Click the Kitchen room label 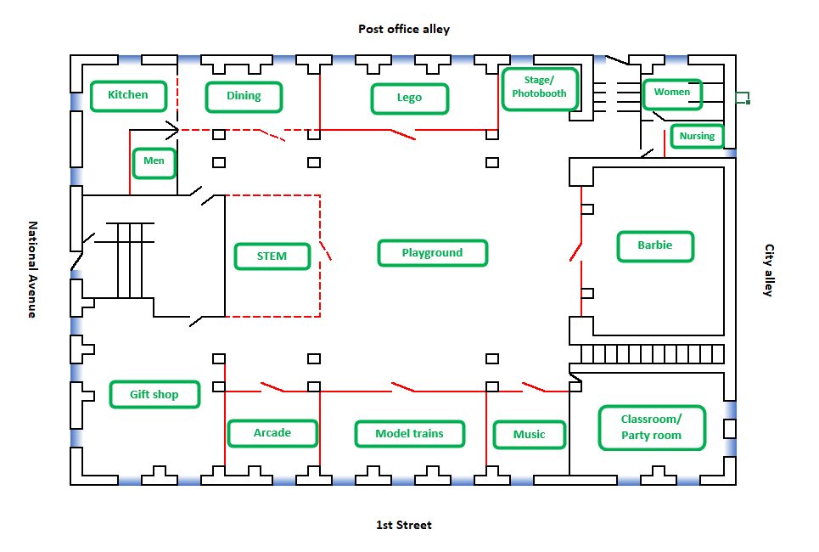[x=128, y=95]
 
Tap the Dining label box [x=244, y=96]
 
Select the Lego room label [x=409, y=98]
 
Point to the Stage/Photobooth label [x=540, y=88]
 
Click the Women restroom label [x=672, y=93]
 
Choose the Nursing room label [x=697, y=136]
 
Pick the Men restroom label [x=154, y=161]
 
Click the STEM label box [x=272, y=256]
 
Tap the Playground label [x=433, y=253]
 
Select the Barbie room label [x=655, y=246]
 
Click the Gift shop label [x=154, y=394]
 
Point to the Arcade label [x=272, y=433]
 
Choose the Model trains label [x=410, y=434]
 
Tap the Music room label [x=530, y=435]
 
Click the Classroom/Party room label [x=652, y=427]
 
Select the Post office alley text [x=404, y=30]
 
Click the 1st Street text [x=404, y=526]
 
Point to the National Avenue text [x=33, y=269]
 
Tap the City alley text [x=768, y=270]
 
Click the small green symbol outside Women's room [x=743, y=97]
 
